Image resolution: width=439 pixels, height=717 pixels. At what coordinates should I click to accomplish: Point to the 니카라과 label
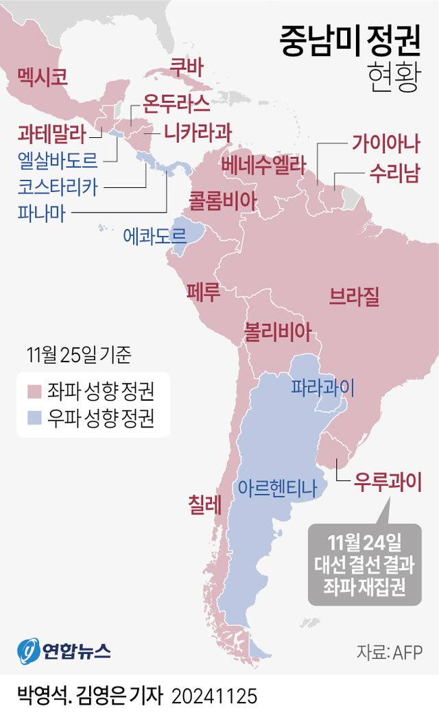pyautogui.click(x=198, y=130)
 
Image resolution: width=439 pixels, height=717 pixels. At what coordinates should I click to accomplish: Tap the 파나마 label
pyautogui.click(x=41, y=213)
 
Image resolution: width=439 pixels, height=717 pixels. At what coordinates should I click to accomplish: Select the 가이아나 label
pyautogui.click(x=385, y=143)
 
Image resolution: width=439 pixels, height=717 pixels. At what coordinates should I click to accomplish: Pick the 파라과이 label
pyautogui.click(x=323, y=387)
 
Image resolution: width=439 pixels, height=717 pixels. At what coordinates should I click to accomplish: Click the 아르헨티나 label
pyautogui.click(x=277, y=488)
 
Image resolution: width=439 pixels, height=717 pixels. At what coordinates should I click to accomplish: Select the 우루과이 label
pyautogui.click(x=387, y=480)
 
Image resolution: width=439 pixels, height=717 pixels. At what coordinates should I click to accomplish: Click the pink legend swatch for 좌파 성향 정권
pyautogui.click(x=35, y=392)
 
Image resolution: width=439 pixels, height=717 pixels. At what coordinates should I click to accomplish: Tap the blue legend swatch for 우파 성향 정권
pyautogui.click(x=35, y=419)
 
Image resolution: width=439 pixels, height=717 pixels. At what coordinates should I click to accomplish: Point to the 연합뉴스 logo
pyautogui.click(x=64, y=649)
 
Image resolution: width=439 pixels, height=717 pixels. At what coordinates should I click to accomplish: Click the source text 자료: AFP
pyautogui.click(x=389, y=651)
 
